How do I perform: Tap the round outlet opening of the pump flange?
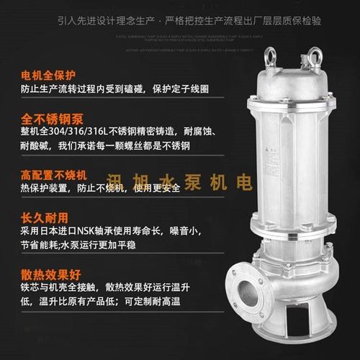[x=246, y=295]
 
